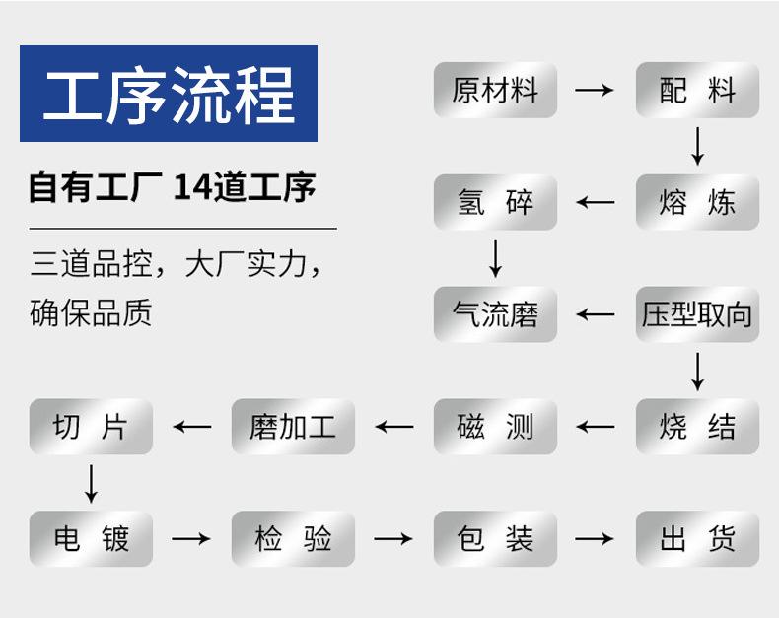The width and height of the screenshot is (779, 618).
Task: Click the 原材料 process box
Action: [495, 91]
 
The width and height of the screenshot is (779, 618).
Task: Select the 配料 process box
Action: [697, 91]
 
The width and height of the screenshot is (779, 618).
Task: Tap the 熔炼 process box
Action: [697, 203]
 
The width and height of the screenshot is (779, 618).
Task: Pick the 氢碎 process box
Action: [495, 203]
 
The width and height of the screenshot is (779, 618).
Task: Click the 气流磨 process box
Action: [495, 314]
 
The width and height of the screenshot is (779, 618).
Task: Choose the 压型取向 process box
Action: [697, 314]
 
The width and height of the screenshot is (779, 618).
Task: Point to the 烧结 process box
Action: [697, 427]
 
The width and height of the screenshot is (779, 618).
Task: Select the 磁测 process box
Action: [495, 427]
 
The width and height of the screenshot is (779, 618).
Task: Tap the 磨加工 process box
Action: [293, 427]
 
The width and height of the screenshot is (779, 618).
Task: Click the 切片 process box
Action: [91, 427]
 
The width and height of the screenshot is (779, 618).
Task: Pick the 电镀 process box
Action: [91, 539]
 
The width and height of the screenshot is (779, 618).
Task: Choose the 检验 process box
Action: [293, 539]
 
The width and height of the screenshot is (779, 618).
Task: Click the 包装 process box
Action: [495, 539]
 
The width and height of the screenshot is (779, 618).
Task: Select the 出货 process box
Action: [697, 539]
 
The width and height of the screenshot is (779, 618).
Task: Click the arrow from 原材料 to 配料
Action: [595, 91]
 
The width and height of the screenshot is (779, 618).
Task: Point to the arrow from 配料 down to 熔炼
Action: [698, 146]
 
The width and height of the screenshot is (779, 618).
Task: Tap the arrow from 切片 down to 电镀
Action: [91, 482]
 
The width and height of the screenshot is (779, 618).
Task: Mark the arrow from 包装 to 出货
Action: [595, 539]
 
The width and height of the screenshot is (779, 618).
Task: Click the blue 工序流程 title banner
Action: [169, 94]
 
